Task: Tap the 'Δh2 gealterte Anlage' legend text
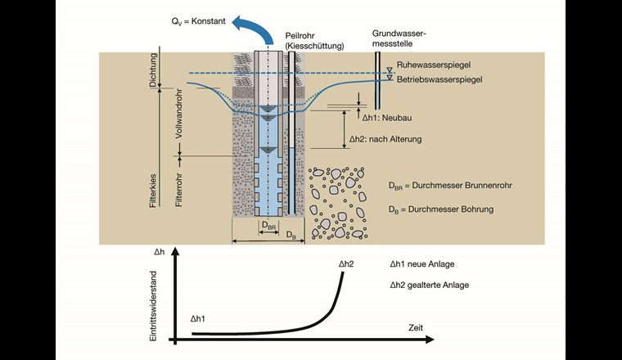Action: [x=430, y=285]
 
